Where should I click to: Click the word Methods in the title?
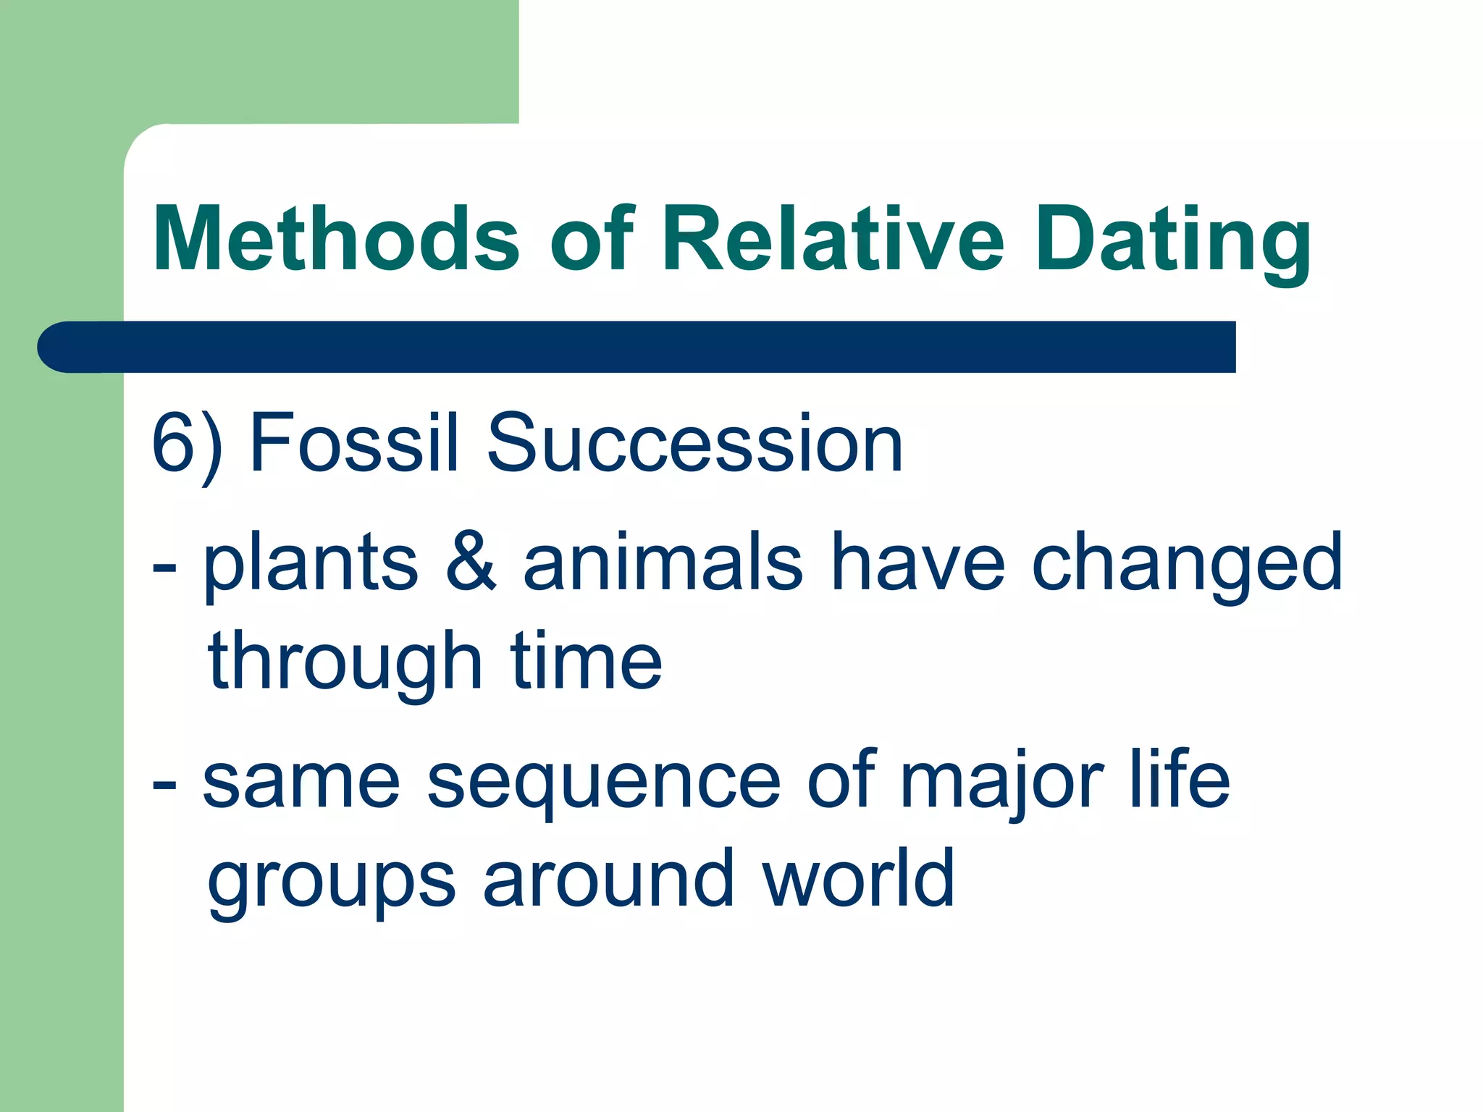336,239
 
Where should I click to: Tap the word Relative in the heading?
833,239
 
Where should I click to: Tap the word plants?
311,565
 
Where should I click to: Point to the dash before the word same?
165,785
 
